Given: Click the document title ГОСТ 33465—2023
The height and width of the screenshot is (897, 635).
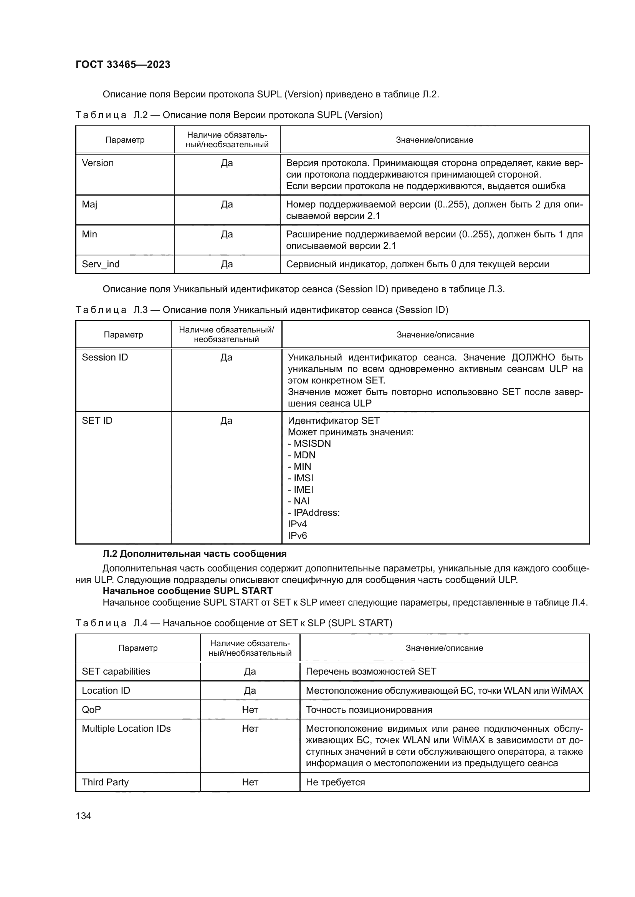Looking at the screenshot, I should tap(123, 64).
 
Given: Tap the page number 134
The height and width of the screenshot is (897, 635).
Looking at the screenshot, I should tap(83, 816).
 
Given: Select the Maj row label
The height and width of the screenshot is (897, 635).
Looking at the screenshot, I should tap(89, 204).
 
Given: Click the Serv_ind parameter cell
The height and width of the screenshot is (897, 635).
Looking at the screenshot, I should tap(101, 264).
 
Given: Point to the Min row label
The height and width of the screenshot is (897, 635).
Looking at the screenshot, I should tap(89, 234).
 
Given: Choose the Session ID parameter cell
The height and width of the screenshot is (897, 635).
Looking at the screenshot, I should tap(105, 357).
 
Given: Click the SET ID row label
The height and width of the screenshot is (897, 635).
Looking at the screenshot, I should tap(97, 420).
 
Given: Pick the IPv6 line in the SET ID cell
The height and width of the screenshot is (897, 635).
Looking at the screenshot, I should tap(298, 535).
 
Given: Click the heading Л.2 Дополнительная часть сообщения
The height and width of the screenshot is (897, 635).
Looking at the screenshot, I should tap(194, 554).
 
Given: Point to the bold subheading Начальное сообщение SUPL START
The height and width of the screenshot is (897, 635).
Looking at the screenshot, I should tap(187, 590).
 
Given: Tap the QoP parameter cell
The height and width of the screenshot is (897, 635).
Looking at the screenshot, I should tap(91, 709).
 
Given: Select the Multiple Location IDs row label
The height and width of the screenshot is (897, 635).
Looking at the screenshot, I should tap(126, 729).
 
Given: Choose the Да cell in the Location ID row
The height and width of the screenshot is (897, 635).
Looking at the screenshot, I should tap(250, 690).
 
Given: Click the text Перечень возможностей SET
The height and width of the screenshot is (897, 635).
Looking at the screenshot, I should tap(371, 671).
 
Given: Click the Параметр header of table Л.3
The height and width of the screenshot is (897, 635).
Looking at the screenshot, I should tap(123, 334).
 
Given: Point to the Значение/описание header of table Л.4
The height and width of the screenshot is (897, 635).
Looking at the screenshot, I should tap(444, 648).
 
